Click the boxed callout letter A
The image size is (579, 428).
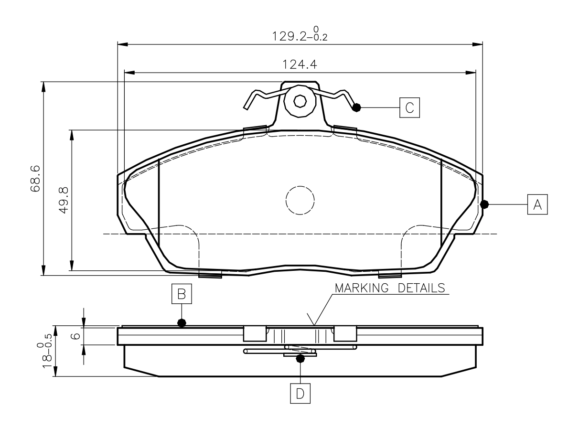click(x=537, y=204)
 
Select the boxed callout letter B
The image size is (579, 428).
click(x=182, y=294)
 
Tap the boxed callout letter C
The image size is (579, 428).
click(x=409, y=107)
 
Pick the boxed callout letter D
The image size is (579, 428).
click(x=300, y=393)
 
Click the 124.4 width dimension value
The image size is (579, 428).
click(x=300, y=64)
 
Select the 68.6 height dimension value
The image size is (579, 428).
click(x=35, y=179)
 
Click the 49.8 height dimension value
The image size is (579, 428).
click(x=64, y=200)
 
